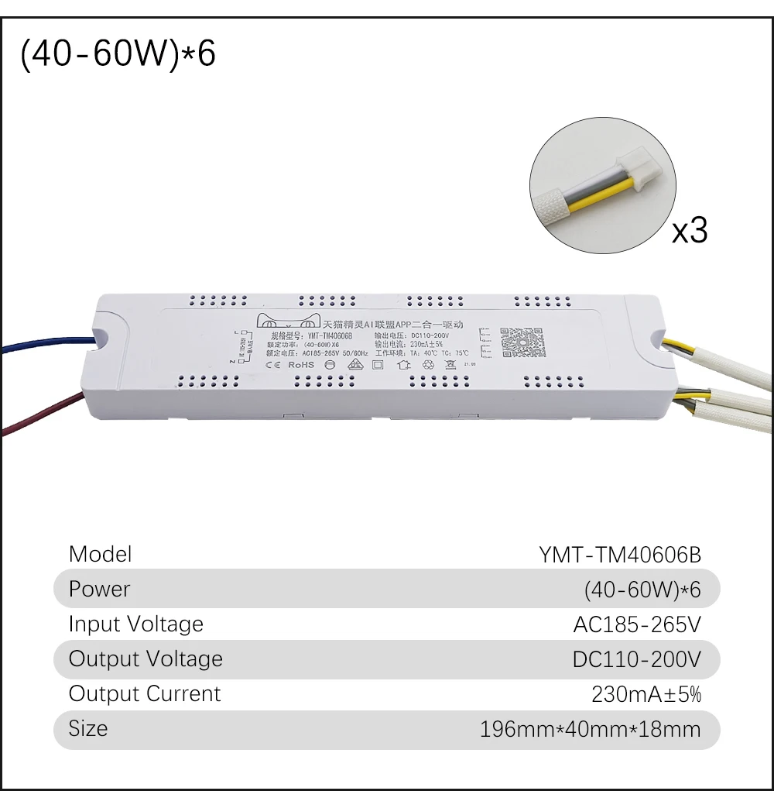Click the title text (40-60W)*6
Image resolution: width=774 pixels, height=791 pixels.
(118, 56)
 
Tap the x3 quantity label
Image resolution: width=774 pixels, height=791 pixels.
(689, 230)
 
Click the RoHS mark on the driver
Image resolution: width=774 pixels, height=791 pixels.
(301, 364)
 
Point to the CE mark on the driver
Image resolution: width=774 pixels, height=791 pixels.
(273, 364)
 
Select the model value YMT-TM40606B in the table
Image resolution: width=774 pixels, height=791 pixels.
(619, 555)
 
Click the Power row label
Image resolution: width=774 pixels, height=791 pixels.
(99, 589)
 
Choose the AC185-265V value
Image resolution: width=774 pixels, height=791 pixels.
(636, 624)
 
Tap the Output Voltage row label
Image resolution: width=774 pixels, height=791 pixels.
(146, 659)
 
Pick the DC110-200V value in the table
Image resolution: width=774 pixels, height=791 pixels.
(636, 659)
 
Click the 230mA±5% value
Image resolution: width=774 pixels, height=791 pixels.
(646, 694)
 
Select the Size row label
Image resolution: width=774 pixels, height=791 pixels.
(88, 728)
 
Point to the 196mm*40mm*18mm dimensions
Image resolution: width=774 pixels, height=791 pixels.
(590, 729)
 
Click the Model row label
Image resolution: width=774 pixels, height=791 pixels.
(100, 554)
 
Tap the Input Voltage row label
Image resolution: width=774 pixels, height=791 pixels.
(135, 624)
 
